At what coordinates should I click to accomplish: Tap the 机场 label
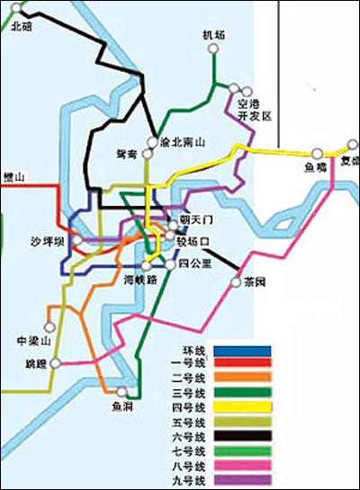(213, 35)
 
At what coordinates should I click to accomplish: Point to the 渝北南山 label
(183, 142)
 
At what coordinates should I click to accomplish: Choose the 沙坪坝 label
(48, 242)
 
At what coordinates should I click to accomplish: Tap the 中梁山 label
(34, 341)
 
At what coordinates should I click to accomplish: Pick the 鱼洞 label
(122, 407)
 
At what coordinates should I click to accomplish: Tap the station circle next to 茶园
(238, 281)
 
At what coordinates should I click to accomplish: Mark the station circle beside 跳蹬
(56, 363)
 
